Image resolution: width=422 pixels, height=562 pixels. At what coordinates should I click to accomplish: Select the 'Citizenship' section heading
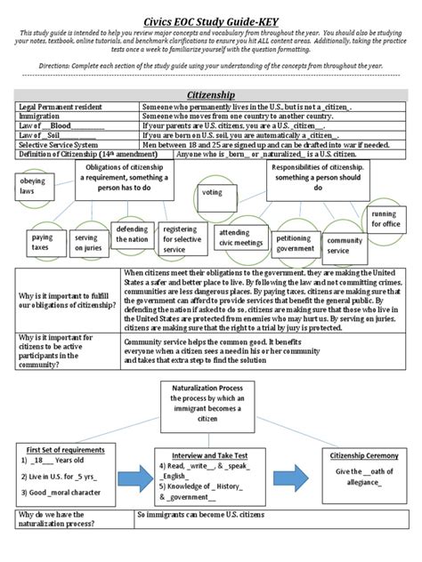click(x=210, y=92)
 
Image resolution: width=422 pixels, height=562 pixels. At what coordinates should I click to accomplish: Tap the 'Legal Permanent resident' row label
click(x=60, y=107)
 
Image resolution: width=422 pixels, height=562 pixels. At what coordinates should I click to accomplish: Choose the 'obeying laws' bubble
click(x=32, y=185)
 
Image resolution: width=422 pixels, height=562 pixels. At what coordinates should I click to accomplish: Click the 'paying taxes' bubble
click(x=42, y=244)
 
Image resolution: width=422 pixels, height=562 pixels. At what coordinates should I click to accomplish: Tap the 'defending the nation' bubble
click(x=132, y=234)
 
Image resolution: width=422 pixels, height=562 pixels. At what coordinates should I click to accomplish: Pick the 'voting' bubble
click(x=213, y=191)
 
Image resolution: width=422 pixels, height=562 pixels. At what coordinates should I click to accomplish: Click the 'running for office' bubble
click(x=384, y=219)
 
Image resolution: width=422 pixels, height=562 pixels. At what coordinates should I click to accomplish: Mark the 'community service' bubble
click(x=345, y=245)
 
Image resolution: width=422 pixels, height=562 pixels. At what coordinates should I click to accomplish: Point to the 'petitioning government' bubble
click(x=294, y=243)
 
